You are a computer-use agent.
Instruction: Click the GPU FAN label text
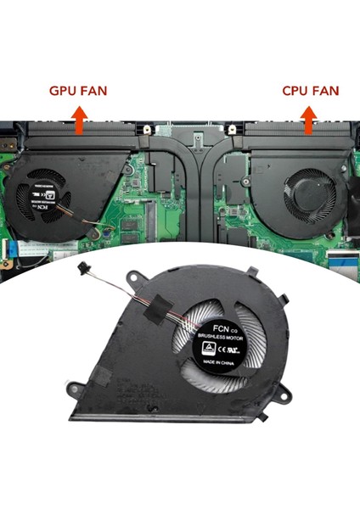tap(77, 90)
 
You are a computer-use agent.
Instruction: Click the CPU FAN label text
tap(311, 90)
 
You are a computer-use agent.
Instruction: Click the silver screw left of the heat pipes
tap(148, 131)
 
